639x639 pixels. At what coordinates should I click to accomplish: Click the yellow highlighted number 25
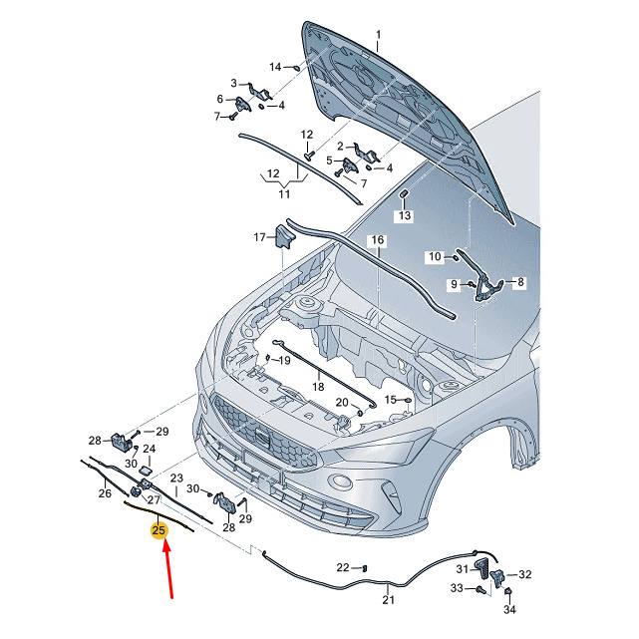coord(159,530)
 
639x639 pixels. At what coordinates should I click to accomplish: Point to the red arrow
coord(168,569)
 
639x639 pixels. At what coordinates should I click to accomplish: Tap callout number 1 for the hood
coord(378,35)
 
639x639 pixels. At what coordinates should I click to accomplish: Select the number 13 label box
coord(405,215)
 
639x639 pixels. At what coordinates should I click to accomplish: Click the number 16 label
coord(378,239)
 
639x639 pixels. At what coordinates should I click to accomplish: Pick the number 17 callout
coord(259,237)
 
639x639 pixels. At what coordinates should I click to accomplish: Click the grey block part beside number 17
coord(286,236)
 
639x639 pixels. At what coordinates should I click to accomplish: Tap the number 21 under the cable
coord(389,599)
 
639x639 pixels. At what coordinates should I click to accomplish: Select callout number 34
coord(509,609)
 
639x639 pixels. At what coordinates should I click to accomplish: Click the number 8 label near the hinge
coord(520,282)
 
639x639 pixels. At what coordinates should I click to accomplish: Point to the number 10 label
coord(435,256)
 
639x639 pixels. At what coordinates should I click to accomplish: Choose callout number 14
coord(275,67)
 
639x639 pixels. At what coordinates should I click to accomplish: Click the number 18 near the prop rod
coord(318,386)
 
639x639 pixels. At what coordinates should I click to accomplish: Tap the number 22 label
coord(343,567)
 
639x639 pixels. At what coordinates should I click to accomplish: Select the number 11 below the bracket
coord(284,194)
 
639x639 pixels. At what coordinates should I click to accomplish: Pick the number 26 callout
coord(105,493)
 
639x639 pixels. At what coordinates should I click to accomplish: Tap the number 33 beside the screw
coord(457,588)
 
